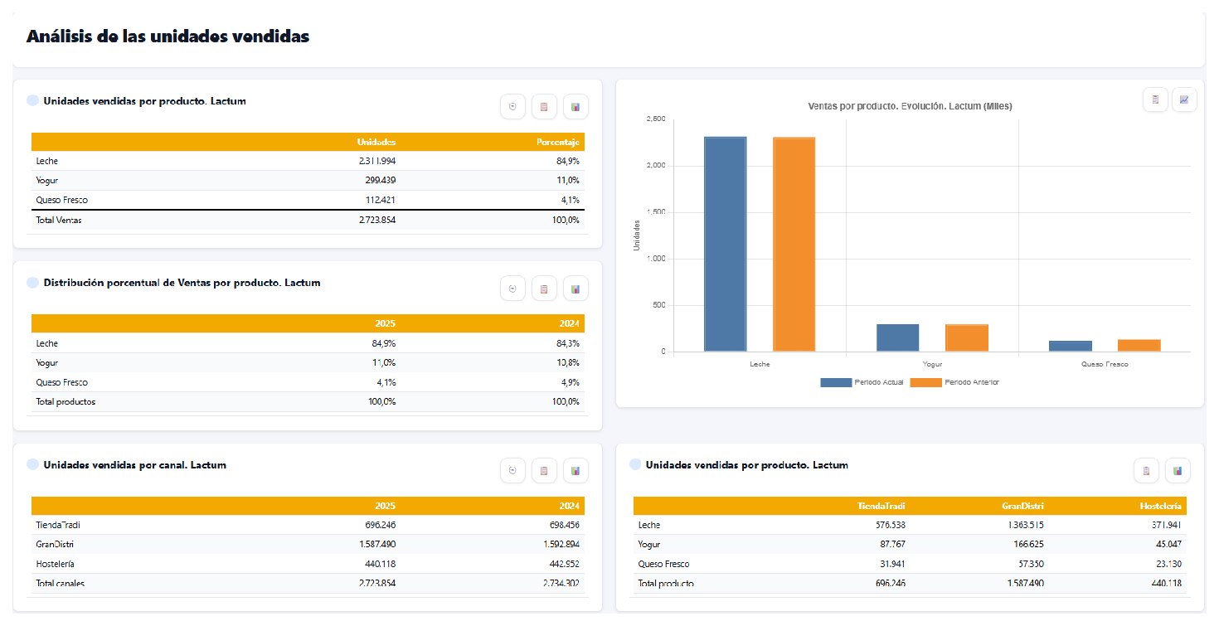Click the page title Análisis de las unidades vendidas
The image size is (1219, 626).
[x=168, y=36]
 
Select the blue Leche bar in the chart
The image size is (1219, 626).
[x=725, y=244]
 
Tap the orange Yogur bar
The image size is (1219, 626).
[x=967, y=338]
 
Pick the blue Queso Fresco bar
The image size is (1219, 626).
[x=1070, y=347]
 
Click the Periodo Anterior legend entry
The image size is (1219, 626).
[x=955, y=382]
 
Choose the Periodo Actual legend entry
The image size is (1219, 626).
[x=862, y=382]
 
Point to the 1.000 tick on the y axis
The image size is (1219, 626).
[x=656, y=259]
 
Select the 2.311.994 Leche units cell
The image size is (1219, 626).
[x=377, y=161]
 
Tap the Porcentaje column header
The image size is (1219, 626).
[x=558, y=142]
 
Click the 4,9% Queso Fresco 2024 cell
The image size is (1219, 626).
[x=570, y=382]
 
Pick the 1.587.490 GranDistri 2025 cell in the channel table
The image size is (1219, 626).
[x=377, y=545]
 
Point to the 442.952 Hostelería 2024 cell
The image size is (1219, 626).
[x=565, y=564]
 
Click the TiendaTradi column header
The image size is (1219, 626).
[x=881, y=507]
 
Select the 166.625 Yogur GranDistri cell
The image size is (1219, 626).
[x=1028, y=545]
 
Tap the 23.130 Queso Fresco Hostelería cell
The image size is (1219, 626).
[x=1168, y=564]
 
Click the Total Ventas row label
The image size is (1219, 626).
[x=59, y=220]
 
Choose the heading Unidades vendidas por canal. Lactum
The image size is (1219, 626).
[x=135, y=465]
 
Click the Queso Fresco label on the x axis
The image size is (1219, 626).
[x=1105, y=364]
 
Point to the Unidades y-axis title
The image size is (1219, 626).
[x=636, y=235]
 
